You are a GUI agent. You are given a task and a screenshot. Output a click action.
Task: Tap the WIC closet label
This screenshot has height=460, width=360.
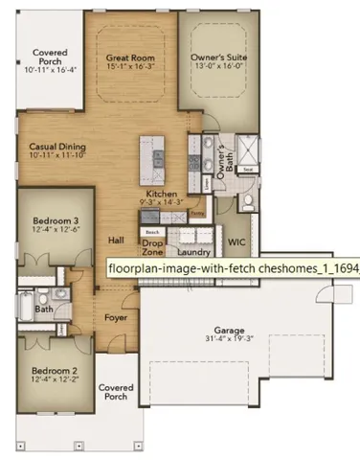point(236,241)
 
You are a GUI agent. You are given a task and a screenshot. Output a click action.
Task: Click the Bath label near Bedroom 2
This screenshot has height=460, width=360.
point(44,309)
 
